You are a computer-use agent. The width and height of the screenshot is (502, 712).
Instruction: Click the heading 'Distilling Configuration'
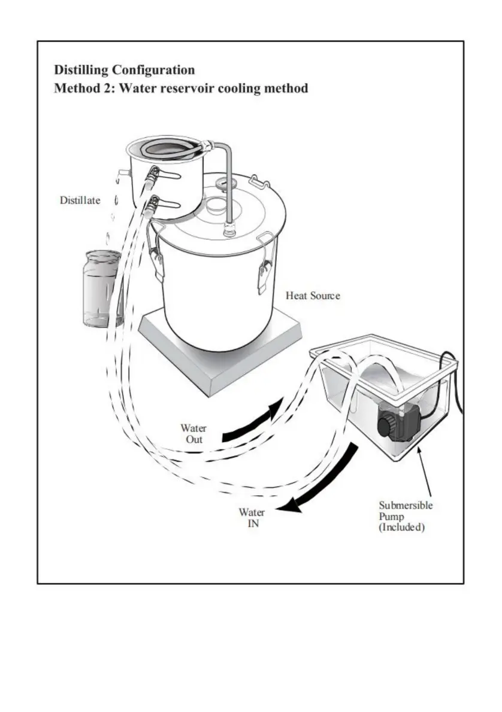pyautogui.click(x=124, y=70)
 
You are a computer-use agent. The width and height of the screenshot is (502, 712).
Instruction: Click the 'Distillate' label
pyautogui.click(x=80, y=200)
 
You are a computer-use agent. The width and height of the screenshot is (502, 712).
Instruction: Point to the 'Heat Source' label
pyautogui.click(x=312, y=296)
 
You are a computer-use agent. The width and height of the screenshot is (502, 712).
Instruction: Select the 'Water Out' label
pyautogui.click(x=193, y=434)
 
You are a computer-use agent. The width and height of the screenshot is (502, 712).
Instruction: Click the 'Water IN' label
pyautogui.click(x=252, y=518)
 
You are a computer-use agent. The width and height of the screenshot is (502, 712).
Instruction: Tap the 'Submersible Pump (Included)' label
pyautogui.click(x=405, y=516)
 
